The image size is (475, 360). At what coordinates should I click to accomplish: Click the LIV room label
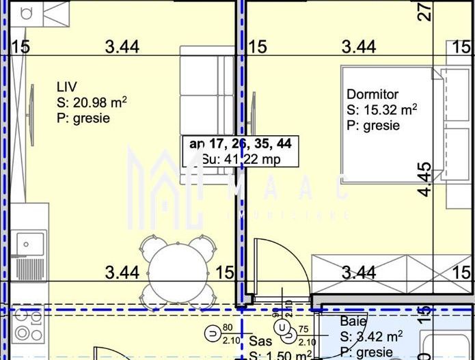67,87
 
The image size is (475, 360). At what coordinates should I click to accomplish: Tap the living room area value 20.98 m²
92,102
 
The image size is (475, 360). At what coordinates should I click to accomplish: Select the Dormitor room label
372,94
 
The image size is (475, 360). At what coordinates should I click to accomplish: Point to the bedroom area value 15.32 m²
382,110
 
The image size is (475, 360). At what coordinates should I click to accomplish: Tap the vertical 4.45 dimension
425,179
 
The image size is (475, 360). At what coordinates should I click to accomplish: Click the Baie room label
353,321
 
